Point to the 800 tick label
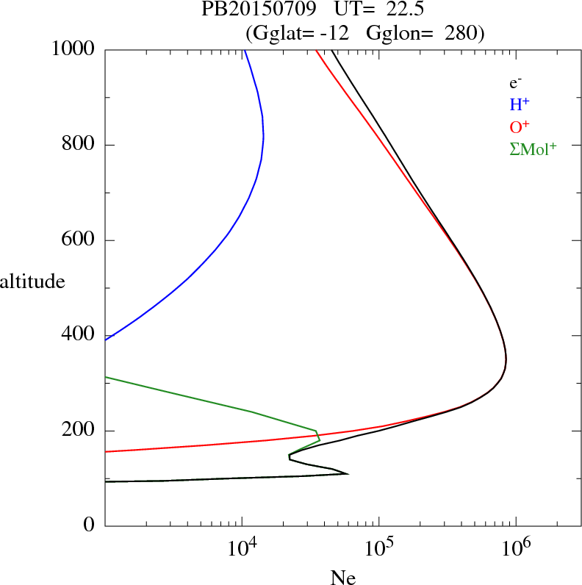pos(78,145)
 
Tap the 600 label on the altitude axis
pos(78,240)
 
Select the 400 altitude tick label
pos(78,335)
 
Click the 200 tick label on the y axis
pos(78,431)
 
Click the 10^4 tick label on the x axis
pos(242,547)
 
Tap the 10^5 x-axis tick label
pos(379,547)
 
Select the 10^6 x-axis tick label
pos(516,547)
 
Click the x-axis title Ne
pos(342,578)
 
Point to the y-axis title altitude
pos(32,281)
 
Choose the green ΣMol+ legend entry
pos(533,149)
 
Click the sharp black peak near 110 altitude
pos(347,473)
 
